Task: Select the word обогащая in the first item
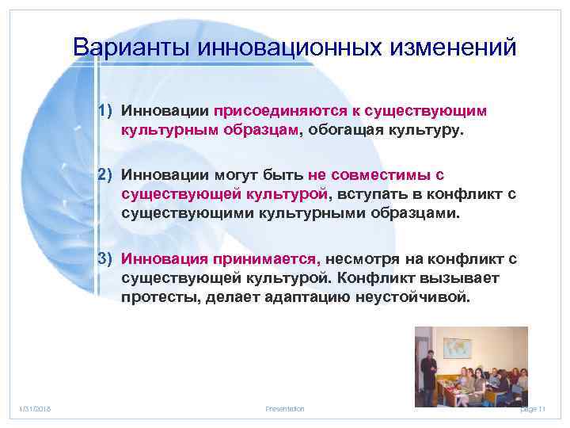tap(341, 129)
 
